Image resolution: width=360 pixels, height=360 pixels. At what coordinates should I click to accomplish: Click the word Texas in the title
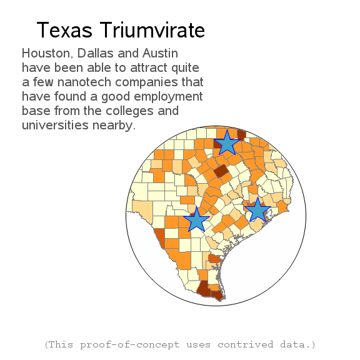coord(64,30)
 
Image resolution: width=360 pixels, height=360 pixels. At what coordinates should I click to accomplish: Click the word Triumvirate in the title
coord(152,30)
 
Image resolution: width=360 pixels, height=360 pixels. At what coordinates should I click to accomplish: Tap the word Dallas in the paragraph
coord(96,53)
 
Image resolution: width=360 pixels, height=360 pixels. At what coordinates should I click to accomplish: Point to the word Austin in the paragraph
coord(160,53)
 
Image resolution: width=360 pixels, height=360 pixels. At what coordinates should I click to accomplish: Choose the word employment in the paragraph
coord(168,97)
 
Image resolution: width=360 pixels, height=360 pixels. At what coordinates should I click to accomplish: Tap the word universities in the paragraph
coord(55,125)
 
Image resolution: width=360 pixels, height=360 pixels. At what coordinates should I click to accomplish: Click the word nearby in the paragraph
coord(114,126)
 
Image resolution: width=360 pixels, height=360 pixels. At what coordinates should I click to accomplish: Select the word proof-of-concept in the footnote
coord(130,344)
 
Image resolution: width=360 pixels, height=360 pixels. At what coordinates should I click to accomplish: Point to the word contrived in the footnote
coord(246,344)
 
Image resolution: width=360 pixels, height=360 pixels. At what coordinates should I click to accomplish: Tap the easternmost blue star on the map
coord(257,211)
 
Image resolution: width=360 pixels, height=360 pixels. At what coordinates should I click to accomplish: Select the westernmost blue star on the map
coord(196,221)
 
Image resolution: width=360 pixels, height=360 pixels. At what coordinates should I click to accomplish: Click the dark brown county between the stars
coord(221,171)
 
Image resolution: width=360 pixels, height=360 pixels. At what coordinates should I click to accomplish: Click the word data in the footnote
coord(295,344)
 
